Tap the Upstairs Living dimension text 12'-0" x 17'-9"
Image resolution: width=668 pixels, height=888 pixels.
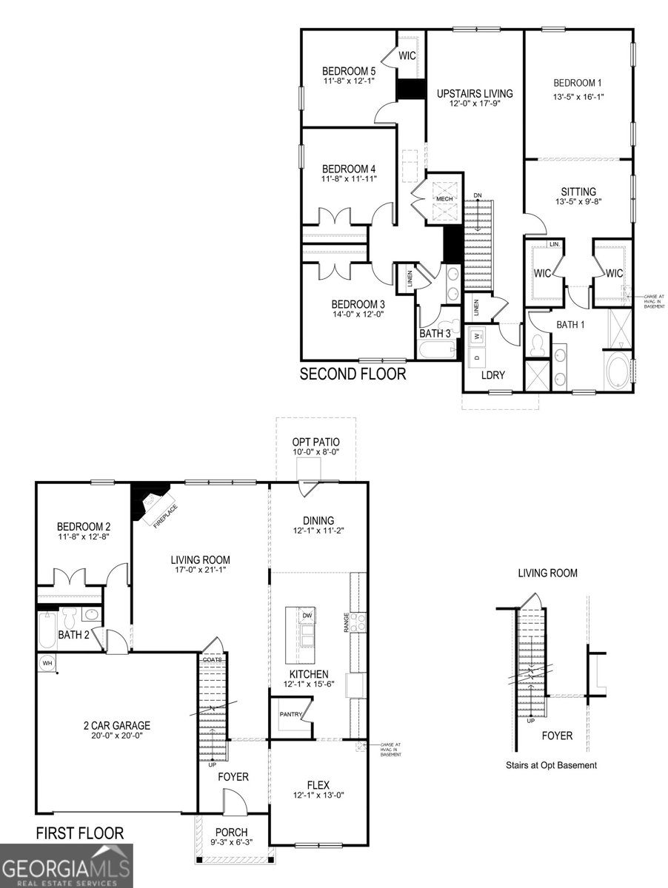(474, 104)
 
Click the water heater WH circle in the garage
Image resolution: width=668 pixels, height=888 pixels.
(47, 662)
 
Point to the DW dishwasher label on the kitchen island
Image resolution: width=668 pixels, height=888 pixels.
(307, 616)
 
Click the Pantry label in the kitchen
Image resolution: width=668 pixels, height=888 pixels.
(289, 715)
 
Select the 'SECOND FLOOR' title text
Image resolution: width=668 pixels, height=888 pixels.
(353, 374)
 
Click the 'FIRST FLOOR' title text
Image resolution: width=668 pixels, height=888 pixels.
(80, 833)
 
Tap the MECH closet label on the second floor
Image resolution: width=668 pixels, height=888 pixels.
(444, 199)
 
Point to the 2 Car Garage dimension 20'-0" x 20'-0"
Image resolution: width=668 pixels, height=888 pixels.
(116, 736)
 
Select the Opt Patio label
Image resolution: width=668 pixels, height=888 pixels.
(315, 442)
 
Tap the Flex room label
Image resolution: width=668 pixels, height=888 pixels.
(318, 785)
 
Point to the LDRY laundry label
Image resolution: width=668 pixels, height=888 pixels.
(492, 375)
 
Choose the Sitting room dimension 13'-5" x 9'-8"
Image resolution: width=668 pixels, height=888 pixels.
(578, 203)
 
